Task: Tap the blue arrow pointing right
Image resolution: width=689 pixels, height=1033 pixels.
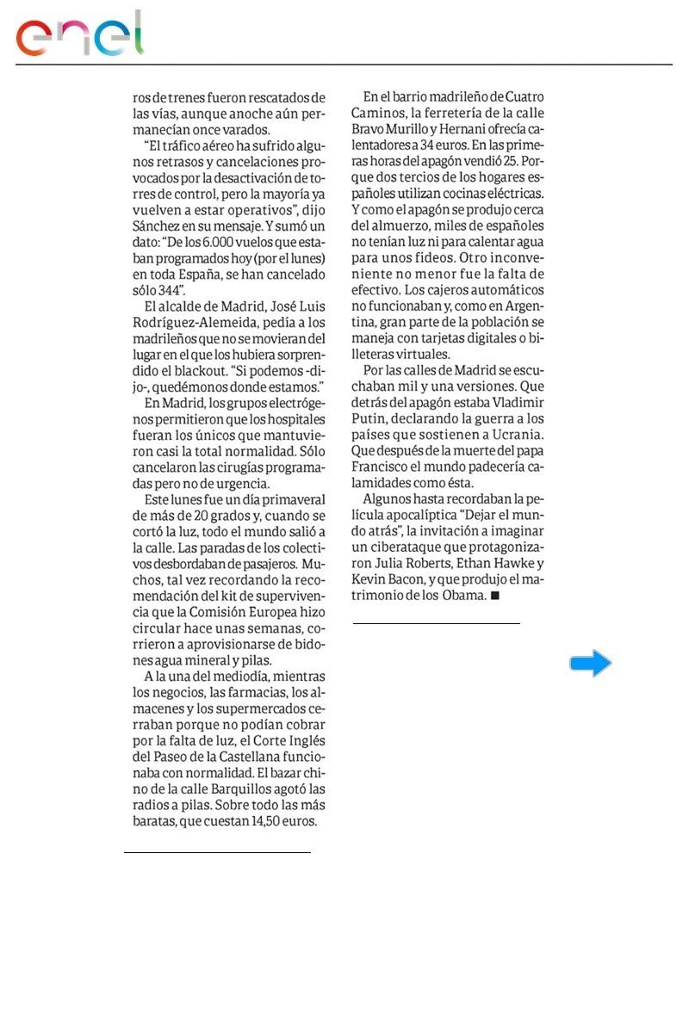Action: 591,663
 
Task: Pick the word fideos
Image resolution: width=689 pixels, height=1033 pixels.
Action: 425,258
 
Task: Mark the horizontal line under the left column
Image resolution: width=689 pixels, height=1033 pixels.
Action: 217,852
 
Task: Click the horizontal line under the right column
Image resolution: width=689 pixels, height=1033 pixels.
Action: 437,622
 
